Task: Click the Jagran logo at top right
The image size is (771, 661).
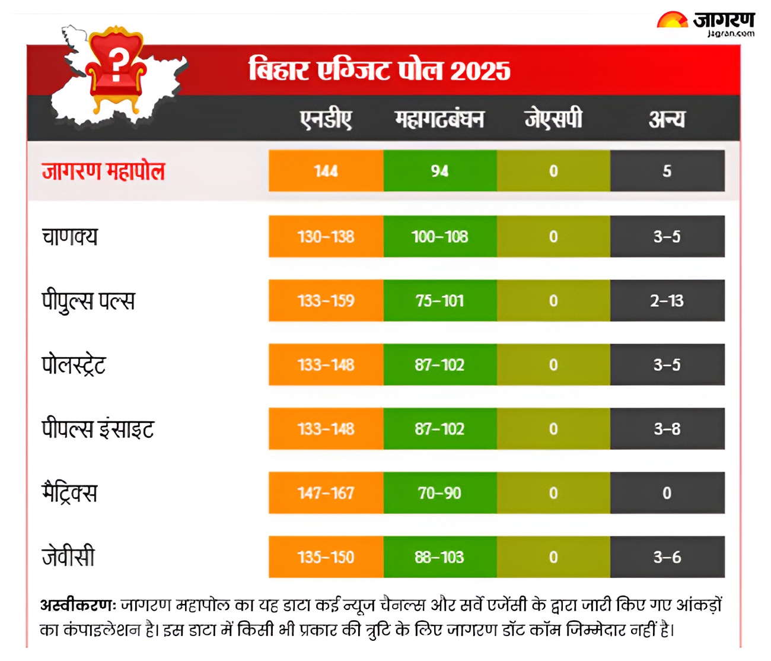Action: pyautogui.click(x=706, y=24)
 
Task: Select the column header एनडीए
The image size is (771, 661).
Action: pyautogui.click(x=326, y=119)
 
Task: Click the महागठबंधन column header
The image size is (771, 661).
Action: pyautogui.click(x=439, y=119)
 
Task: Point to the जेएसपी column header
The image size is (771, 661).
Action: pyautogui.click(x=553, y=119)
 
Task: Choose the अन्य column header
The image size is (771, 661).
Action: pyautogui.click(x=667, y=119)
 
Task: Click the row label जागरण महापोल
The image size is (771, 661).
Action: pyautogui.click(x=103, y=171)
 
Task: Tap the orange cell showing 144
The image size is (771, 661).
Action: pyautogui.click(x=326, y=171)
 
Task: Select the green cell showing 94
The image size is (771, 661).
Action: pyautogui.click(x=439, y=171)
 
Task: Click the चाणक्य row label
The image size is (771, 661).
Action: pyautogui.click(x=69, y=236)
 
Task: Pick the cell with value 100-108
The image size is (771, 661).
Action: pyautogui.click(x=439, y=236)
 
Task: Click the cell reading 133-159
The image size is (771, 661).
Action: pyautogui.click(x=326, y=300)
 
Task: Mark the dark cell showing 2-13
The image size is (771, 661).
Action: pyautogui.click(x=667, y=300)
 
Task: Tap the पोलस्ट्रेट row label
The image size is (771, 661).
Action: pyautogui.click(x=74, y=365)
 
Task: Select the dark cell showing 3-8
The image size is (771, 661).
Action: pyautogui.click(x=667, y=428)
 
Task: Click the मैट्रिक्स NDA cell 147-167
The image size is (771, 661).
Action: pyautogui.click(x=326, y=492)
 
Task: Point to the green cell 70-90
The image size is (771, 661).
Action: pyautogui.click(x=439, y=492)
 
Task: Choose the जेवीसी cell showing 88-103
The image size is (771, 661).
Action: pyautogui.click(x=439, y=557)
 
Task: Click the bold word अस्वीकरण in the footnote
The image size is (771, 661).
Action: pyautogui.click(x=78, y=605)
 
